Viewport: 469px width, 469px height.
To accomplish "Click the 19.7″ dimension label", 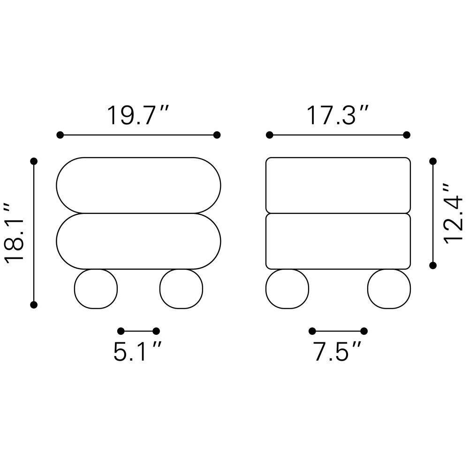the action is coord(138,115).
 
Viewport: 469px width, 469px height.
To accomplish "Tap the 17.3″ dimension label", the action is coord(337,115).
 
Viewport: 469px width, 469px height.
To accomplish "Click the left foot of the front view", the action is coord(96,288).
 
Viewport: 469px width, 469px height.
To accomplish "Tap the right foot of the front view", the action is coord(181,288).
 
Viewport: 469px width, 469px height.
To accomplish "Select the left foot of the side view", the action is coord(287,288).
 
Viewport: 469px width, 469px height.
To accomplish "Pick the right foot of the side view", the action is coord(389,288).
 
